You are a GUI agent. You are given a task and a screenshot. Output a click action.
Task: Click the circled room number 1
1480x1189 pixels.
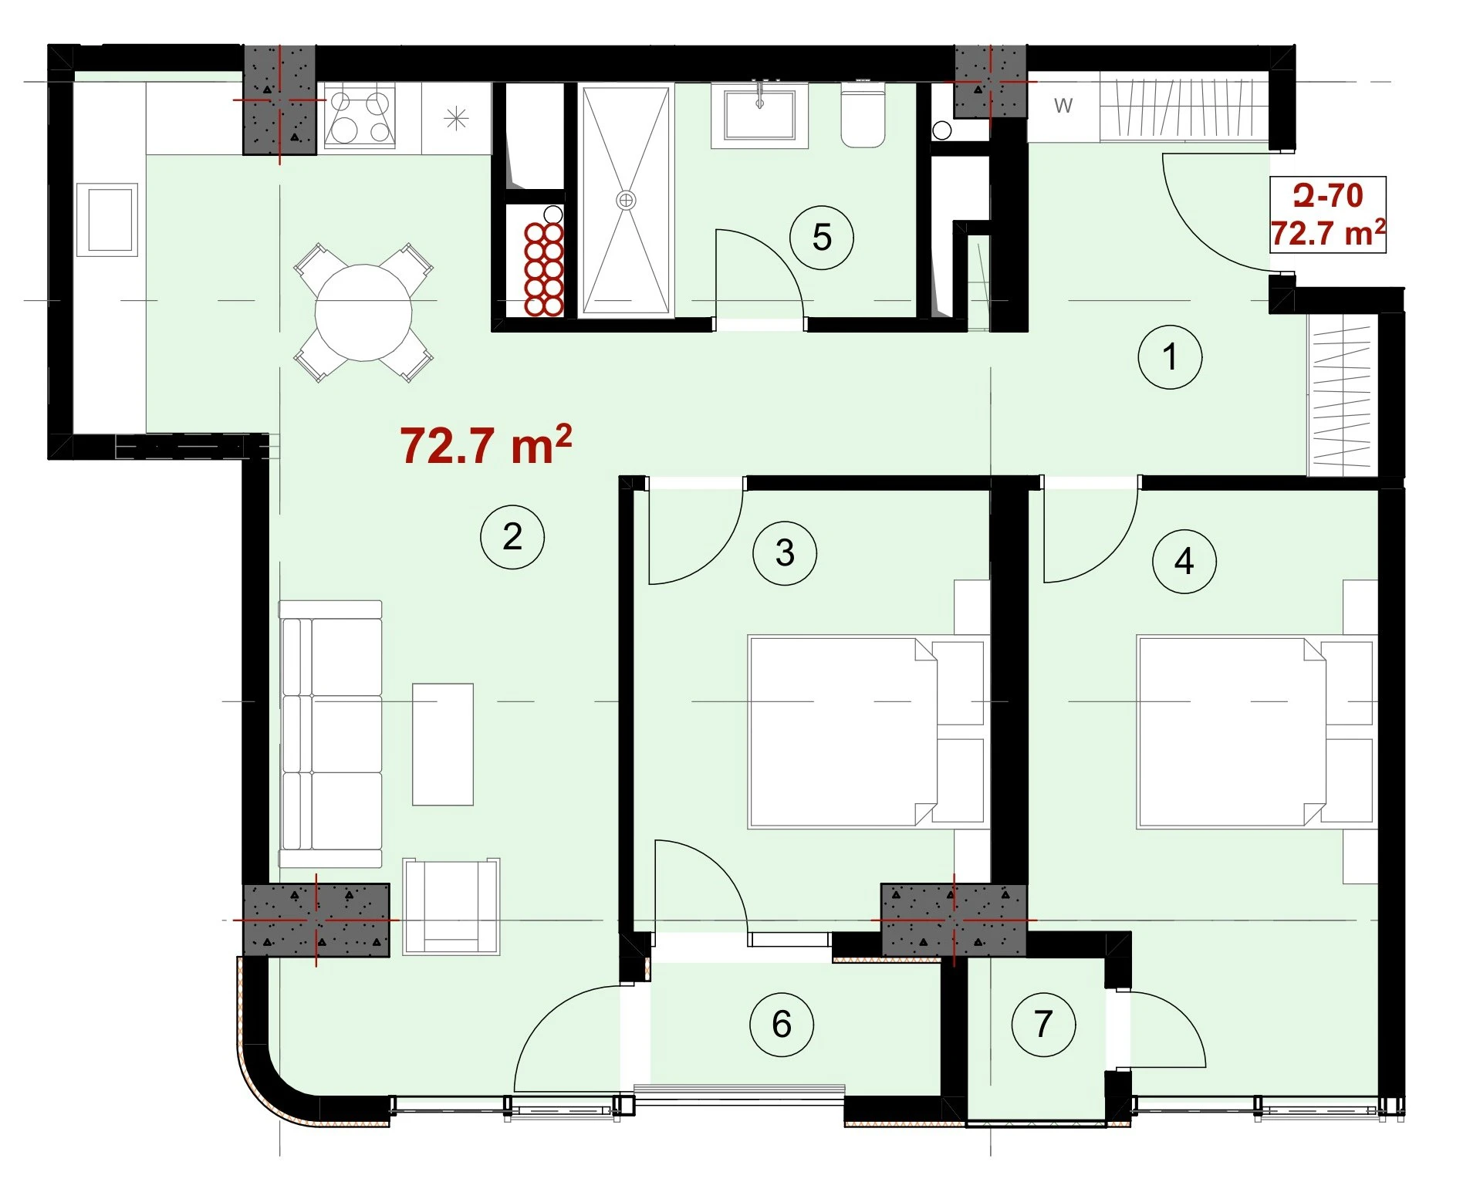1170,356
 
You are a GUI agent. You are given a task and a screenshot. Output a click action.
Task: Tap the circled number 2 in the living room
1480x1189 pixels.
512,537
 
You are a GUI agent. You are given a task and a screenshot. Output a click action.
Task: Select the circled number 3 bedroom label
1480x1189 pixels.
785,552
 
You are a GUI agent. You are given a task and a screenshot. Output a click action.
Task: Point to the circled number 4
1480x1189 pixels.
1184,561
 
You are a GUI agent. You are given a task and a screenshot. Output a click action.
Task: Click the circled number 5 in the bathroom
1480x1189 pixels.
822,237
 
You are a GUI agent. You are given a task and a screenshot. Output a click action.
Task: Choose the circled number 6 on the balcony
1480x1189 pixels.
782,1024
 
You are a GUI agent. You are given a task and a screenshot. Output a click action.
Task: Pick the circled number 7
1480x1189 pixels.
1043,1024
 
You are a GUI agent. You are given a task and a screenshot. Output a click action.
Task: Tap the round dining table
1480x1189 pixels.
363,312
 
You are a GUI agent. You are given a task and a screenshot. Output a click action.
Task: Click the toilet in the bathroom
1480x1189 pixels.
862,116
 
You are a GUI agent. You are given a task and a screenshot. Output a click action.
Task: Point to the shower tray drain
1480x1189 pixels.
626,201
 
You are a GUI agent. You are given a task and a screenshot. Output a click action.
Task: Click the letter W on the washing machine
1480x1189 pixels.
1063,106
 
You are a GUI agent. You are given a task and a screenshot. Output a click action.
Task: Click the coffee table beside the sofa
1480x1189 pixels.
443,745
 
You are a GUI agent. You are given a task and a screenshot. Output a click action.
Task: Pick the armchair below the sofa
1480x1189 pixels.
451,907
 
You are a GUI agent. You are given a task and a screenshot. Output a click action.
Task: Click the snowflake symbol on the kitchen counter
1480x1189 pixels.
457,118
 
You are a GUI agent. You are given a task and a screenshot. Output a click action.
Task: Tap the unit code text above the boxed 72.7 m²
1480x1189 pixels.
1327,196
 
